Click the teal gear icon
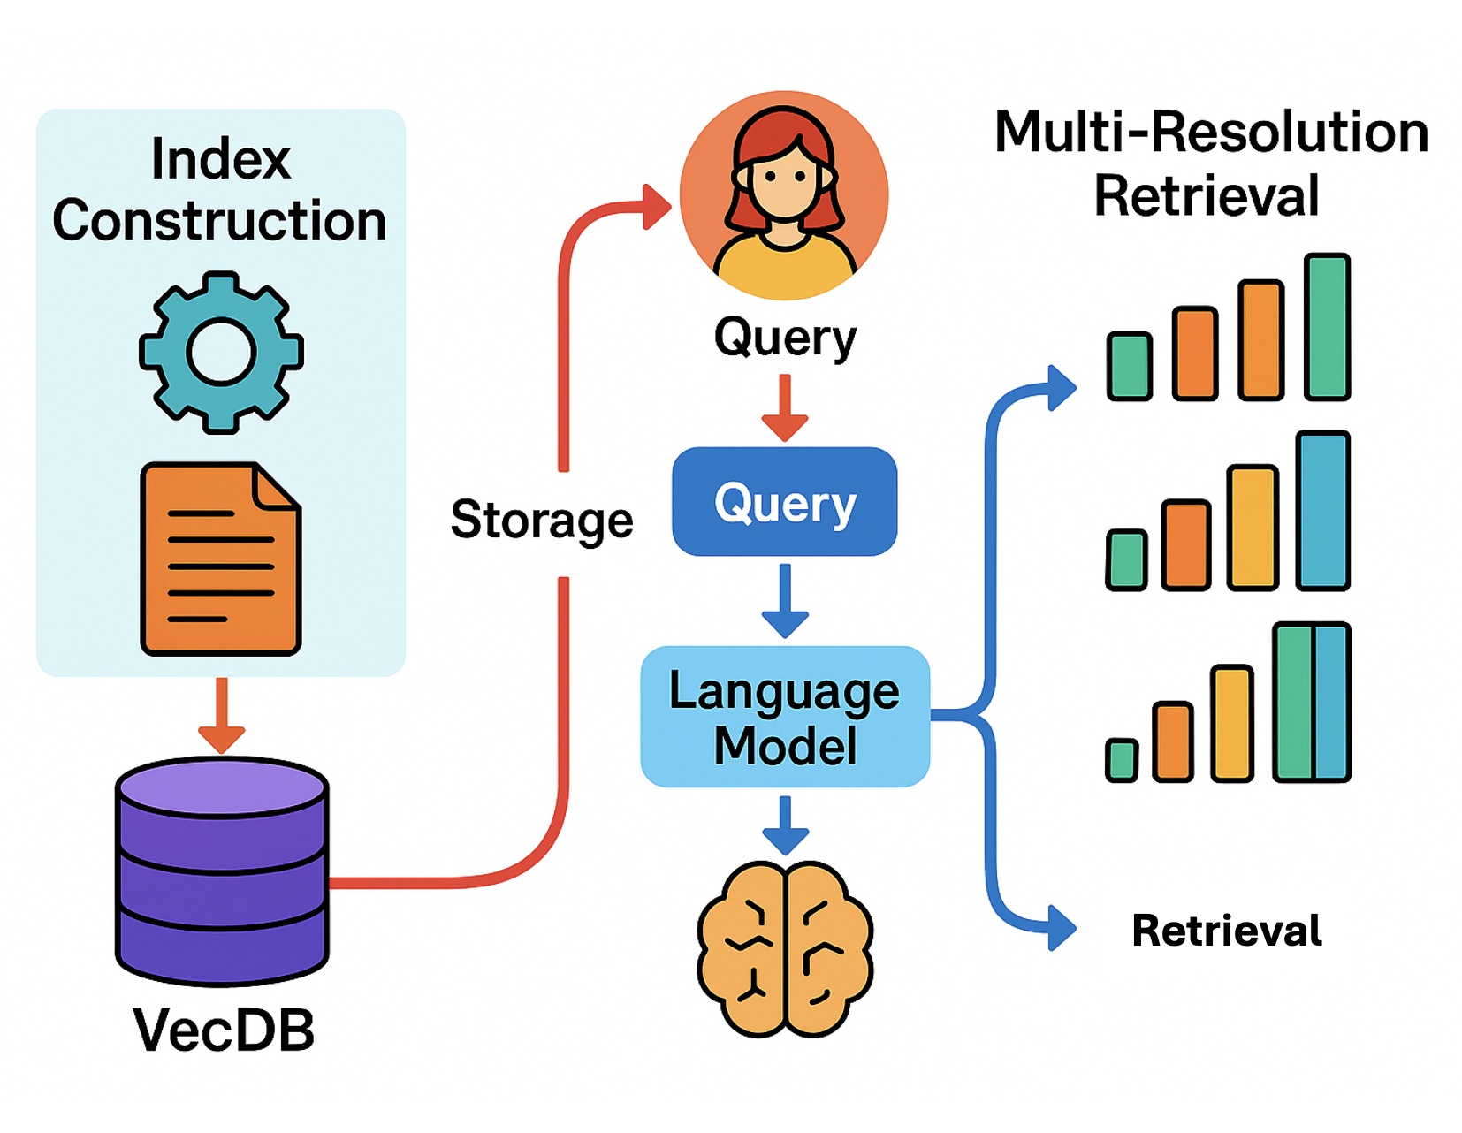pyautogui.click(x=221, y=352)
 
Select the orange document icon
pyautogui.click(x=220, y=559)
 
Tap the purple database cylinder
pyautogui.click(x=222, y=871)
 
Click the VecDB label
pyautogui.click(x=224, y=1030)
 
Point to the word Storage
pyautogui.click(x=542, y=520)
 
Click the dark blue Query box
pyautogui.click(x=785, y=502)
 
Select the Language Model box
pyautogui.click(x=785, y=717)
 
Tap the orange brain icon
pyautogui.click(x=785, y=948)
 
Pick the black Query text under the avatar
pyautogui.click(x=785, y=338)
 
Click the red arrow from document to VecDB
pyautogui.click(x=222, y=714)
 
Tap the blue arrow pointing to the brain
pyautogui.click(x=785, y=825)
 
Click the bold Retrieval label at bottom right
pyautogui.click(x=1227, y=931)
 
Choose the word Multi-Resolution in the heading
pyautogui.click(x=1211, y=133)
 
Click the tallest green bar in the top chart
pyautogui.click(x=1327, y=327)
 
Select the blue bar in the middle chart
pyautogui.click(x=1323, y=511)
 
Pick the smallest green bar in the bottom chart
pyautogui.click(x=1122, y=760)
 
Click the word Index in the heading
pyautogui.click(x=220, y=160)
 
